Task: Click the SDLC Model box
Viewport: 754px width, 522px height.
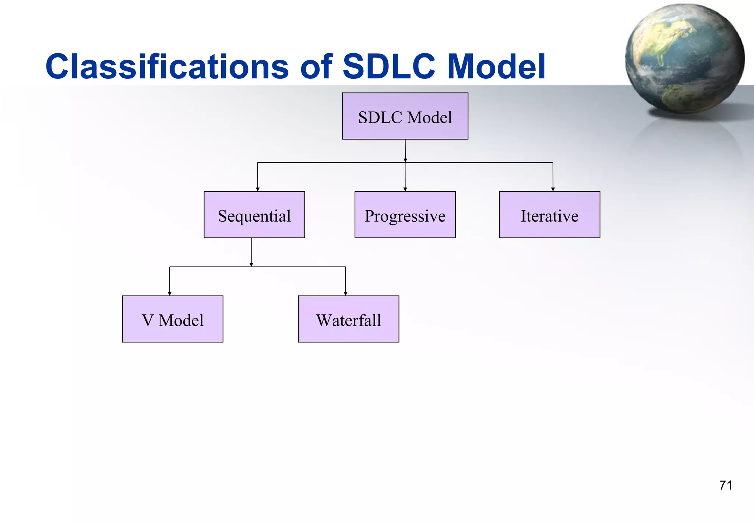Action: click(405, 116)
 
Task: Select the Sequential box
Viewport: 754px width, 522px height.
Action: click(254, 215)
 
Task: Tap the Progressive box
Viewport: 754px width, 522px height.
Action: click(405, 215)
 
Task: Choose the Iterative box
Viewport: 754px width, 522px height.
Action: click(549, 215)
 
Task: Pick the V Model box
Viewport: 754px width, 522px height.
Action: click(173, 319)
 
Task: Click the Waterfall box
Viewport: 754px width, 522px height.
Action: click(348, 319)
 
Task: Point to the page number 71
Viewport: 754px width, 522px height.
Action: click(725, 485)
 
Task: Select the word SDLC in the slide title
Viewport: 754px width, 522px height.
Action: click(389, 67)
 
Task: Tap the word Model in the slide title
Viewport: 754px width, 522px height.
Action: click(496, 67)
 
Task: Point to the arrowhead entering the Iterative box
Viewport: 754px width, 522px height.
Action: click(553, 189)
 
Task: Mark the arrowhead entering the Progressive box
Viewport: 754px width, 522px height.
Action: click(405, 189)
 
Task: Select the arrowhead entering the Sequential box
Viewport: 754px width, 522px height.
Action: click(258, 189)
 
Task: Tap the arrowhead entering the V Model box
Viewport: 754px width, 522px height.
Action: click(170, 293)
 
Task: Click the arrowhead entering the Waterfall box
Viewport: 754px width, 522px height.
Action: click(345, 293)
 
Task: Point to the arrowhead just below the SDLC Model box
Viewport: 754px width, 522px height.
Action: click(405, 160)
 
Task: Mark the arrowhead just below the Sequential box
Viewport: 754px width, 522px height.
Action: click(251, 264)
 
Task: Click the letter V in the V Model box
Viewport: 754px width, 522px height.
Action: click(148, 320)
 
